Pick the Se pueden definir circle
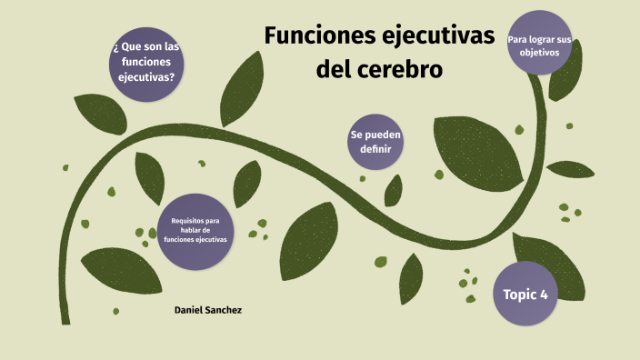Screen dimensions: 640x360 (375, 142)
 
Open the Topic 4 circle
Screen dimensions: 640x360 (525, 294)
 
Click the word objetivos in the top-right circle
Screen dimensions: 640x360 (539, 53)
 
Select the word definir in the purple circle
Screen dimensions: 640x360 (375, 149)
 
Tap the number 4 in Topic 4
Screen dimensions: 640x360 (543, 294)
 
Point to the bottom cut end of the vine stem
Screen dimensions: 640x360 (66, 319)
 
